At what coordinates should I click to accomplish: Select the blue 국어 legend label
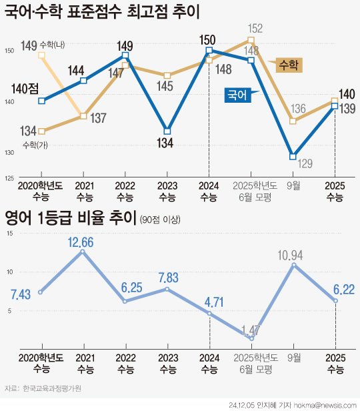pyautogui.click(x=237, y=95)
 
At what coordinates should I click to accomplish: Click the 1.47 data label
pyautogui.click(x=251, y=330)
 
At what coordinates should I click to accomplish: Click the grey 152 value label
pyautogui.click(x=255, y=29)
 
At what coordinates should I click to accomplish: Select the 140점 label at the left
pyautogui.click(x=25, y=86)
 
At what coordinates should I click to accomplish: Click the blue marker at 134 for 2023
pyautogui.click(x=167, y=131)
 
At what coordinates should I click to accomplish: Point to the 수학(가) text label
pyautogui.click(x=33, y=145)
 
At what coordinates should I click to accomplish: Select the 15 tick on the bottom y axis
pyautogui.click(x=9, y=233)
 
